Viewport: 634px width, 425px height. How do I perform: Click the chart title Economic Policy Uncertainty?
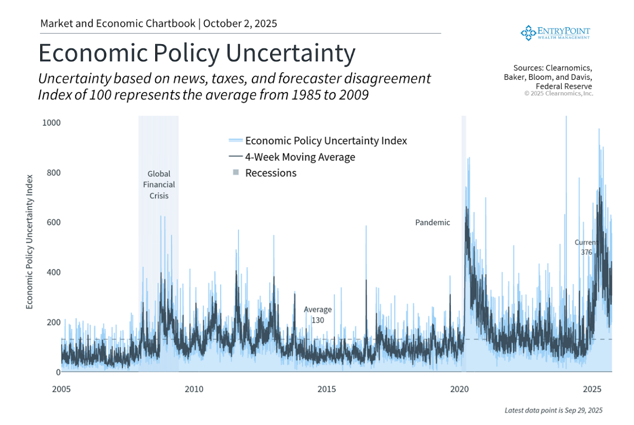197,53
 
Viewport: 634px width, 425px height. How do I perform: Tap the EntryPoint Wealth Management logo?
555,33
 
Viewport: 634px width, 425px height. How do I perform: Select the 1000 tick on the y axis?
51,123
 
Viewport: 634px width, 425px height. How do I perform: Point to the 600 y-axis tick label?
53,222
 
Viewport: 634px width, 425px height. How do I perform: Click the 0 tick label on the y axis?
58,372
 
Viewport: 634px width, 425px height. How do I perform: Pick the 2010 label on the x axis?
194,389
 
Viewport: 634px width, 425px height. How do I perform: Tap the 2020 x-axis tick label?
459,389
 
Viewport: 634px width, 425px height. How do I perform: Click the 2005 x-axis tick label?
61,389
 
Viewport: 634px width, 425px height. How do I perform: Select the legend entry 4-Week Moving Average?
300,157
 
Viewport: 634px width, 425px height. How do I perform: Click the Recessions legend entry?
271,173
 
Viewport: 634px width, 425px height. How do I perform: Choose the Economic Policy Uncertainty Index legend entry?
326,141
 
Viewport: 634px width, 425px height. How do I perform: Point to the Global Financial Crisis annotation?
159,185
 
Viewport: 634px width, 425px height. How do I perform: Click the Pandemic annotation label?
432,223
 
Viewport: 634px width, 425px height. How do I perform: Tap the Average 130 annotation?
318,315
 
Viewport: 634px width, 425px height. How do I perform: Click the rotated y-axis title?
29,242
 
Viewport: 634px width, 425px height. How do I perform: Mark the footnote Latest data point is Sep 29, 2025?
553,410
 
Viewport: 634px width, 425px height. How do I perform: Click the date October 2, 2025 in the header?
240,24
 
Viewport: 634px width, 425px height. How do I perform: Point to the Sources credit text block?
548,77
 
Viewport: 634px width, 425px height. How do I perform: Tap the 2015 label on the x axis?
327,389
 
